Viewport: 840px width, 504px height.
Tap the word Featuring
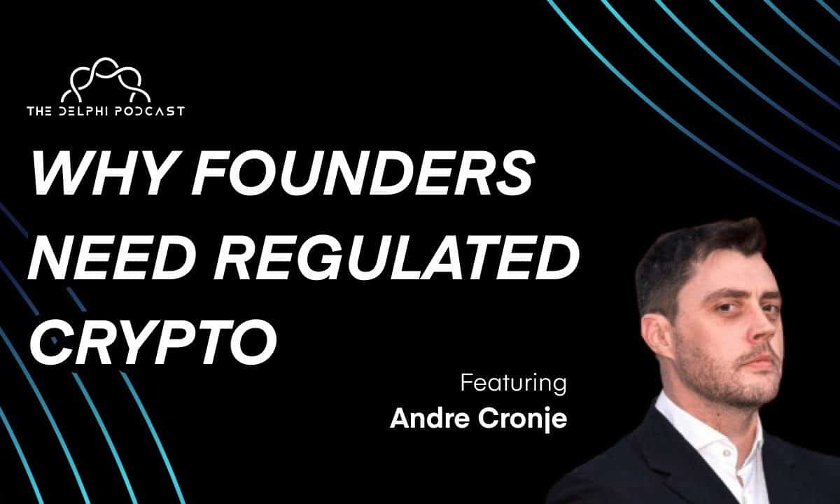click(x=513, y=384)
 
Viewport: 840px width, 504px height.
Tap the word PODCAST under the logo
click(x=148, y=111)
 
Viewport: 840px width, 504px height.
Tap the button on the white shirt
click(x=726, y=454)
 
